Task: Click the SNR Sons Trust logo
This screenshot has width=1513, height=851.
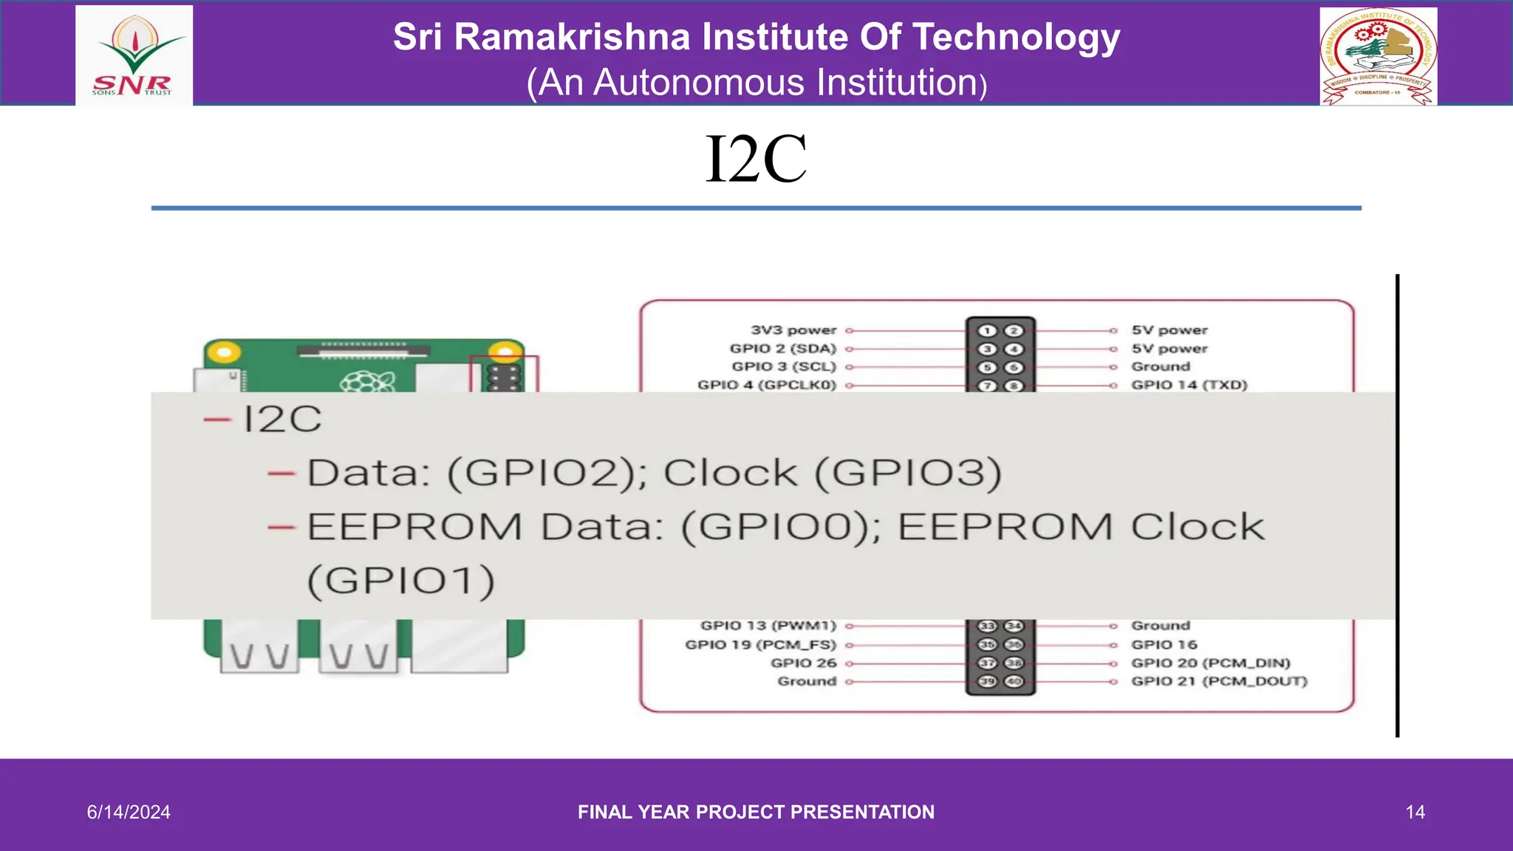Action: [134, 56]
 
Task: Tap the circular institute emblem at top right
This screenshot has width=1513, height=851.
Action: [1378, 56]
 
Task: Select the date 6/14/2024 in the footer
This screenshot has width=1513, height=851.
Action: [129, 812]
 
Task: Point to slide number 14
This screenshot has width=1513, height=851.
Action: [1415, 812]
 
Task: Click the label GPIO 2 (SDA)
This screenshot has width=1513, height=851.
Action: [782, 349]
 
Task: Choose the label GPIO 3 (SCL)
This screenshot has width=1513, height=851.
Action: [783, 366]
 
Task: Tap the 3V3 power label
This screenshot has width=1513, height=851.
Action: [793, 330]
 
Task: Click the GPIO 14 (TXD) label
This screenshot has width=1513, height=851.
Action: [1189, 385]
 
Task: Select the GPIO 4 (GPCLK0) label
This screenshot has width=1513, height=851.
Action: [766, 385]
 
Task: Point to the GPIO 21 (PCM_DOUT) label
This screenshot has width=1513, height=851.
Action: [1219, 681]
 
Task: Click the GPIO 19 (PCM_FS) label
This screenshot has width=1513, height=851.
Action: [760, 645]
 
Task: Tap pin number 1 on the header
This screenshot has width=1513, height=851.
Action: [988, 331]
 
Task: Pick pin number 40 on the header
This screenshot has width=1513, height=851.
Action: [1014, 681]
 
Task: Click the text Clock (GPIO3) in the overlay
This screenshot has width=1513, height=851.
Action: [833, 473]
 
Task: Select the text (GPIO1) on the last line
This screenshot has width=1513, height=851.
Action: [400, 581]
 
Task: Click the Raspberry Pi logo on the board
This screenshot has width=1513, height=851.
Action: [367, 382]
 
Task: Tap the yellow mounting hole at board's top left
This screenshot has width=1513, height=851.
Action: [223, 352]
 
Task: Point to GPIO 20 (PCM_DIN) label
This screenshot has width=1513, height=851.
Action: [1210, 663]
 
